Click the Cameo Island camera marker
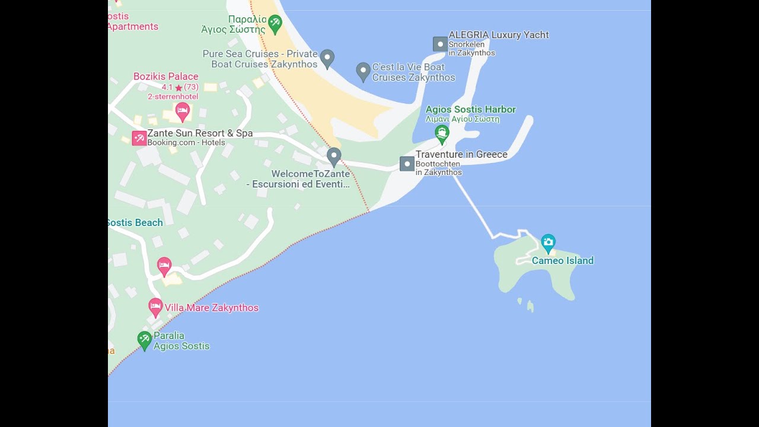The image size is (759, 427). [x=548, y=242]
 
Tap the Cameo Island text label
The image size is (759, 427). [x=562, y=260]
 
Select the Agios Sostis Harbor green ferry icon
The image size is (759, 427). [x=442, y=133]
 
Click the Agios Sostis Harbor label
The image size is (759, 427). [x=470, y=110]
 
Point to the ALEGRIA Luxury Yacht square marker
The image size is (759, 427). [x=440, y=44]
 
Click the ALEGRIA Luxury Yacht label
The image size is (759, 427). [x=498, y=35]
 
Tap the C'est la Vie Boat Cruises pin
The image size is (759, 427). [x=363, y=71]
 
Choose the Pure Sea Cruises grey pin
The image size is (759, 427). [x=327, y=58]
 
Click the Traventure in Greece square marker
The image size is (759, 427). [x=407, y=164]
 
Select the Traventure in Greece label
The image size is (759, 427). [x=461, y=154]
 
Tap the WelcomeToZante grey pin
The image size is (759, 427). [x=334, y=156]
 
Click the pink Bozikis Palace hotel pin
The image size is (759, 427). [x=183, y=110]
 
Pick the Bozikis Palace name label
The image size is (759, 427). [x=166, y=77]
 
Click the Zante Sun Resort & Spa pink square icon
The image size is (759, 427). [x=139, y=138]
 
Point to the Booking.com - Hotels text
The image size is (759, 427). [x=186, y=142]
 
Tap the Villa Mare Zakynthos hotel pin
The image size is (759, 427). [x=155, y=307]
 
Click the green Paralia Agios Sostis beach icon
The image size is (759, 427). [x=144, y=340]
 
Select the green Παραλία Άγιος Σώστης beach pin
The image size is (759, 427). [x=275, y=24]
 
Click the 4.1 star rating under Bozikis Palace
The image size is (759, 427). [x=180, y=87]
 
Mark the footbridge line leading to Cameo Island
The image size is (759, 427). [x=473, y=208]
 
